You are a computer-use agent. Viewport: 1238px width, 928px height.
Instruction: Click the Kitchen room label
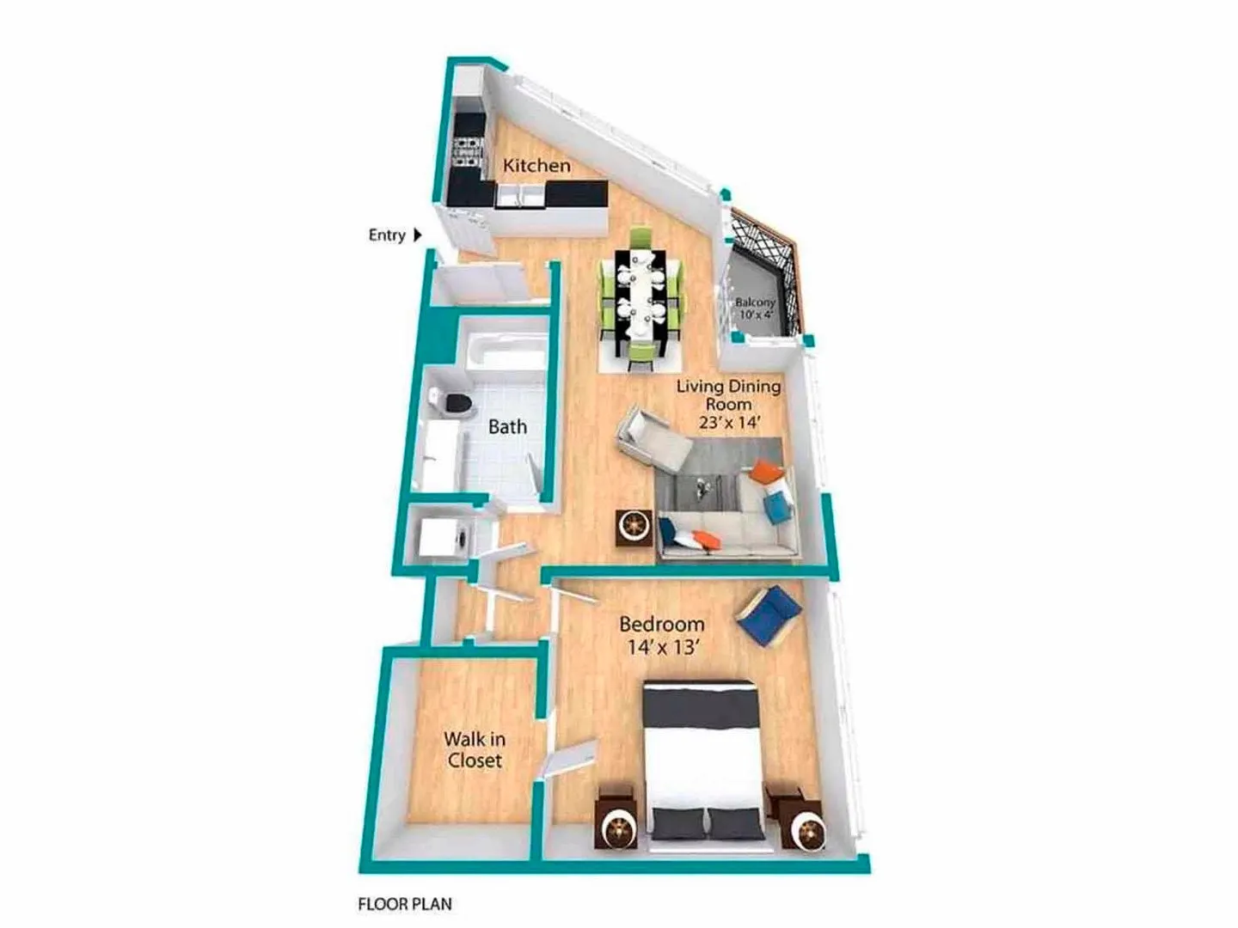[536, 166]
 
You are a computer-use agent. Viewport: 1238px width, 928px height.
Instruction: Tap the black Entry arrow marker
[417, 235]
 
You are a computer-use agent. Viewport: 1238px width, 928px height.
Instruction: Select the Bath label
[507, 426]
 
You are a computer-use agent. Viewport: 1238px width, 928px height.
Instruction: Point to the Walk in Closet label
[475, 749]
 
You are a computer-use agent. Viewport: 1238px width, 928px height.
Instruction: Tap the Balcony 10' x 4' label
[755, 308]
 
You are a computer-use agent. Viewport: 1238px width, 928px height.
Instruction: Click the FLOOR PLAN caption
[405, 904]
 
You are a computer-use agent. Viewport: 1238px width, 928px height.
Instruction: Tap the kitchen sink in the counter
[520, 196]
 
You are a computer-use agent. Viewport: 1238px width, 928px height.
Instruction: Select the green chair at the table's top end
[640, 237]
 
